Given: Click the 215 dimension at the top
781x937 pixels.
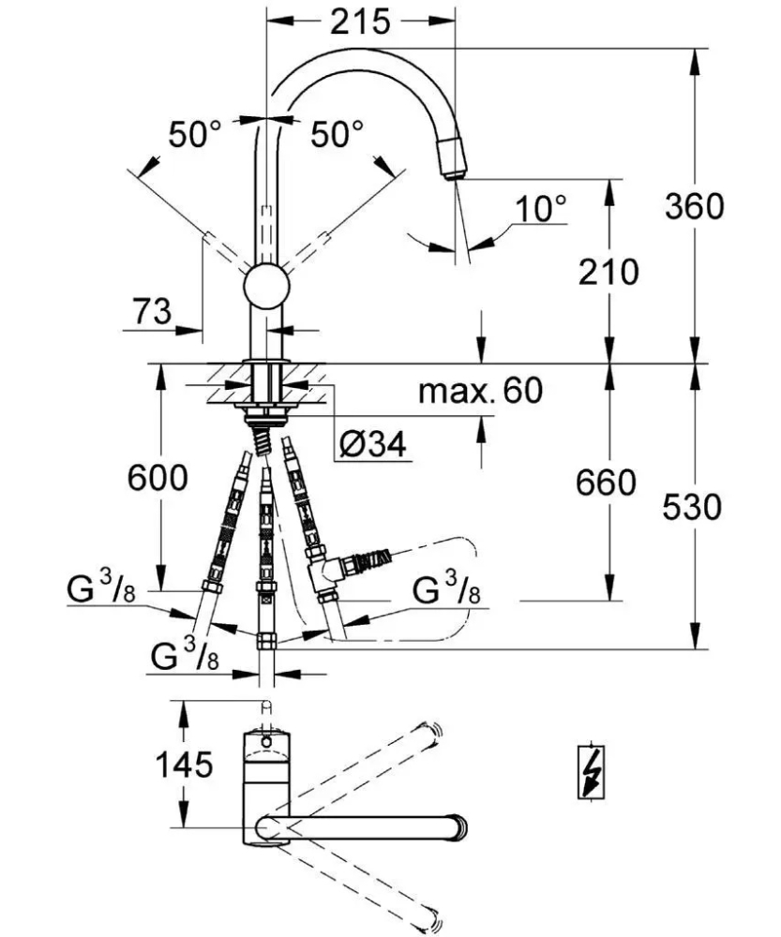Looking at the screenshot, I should point(360,22).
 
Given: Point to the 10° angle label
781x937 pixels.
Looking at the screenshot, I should point(542,208).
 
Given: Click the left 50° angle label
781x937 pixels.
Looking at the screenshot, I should point(194,135).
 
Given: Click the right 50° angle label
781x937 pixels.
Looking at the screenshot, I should point(337,135).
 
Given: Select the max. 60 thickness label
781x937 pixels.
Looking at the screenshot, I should point(480,390).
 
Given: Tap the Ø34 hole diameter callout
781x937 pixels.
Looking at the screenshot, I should point(372,445).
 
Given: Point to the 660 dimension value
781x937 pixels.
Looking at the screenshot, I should point(606,483).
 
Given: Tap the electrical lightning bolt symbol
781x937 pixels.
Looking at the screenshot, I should point(591,772).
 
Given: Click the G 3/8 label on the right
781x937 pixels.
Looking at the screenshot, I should point(447,593).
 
